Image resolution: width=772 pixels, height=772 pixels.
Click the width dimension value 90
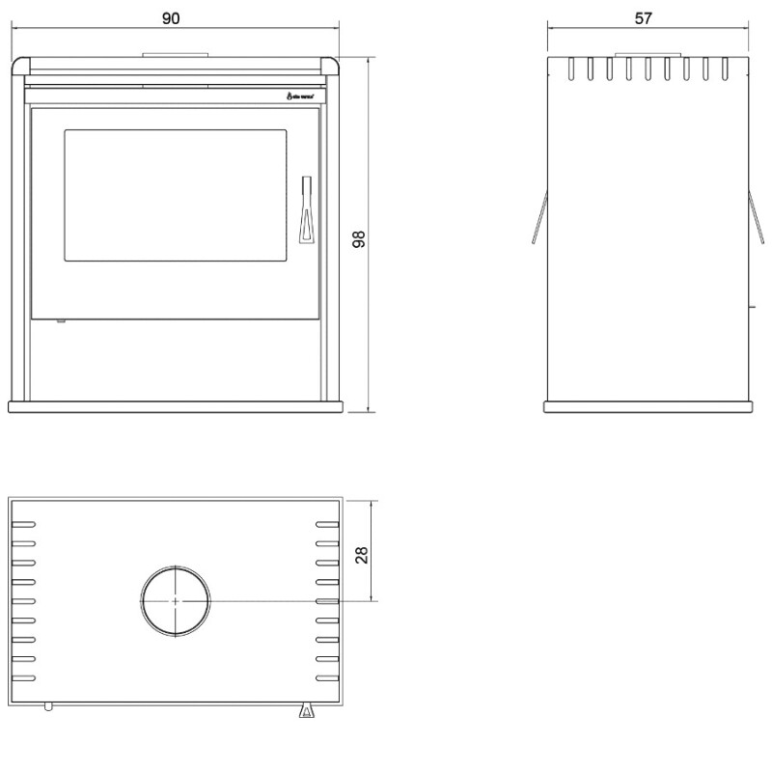tap(173, 18)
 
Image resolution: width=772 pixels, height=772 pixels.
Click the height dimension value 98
tap(358, 239)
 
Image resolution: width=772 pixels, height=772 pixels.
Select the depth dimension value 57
tap(645, 18)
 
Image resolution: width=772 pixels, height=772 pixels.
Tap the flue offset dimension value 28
tap(362, 555)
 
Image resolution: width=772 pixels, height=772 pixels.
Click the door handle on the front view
tap(306, 209)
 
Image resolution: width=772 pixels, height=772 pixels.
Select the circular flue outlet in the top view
tap(175, 600)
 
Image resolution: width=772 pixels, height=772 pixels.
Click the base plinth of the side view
tap(648, 407)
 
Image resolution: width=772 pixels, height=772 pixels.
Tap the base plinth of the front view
tap(175, 406)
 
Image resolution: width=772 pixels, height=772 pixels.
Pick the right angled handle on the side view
tap(756, 217)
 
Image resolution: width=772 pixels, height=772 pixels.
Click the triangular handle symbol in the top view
tap(307, 711)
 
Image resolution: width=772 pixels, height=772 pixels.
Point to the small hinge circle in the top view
tap(48, 706)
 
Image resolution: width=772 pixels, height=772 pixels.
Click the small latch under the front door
tap(60, 321)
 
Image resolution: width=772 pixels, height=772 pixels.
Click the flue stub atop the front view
tap(175, 54)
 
